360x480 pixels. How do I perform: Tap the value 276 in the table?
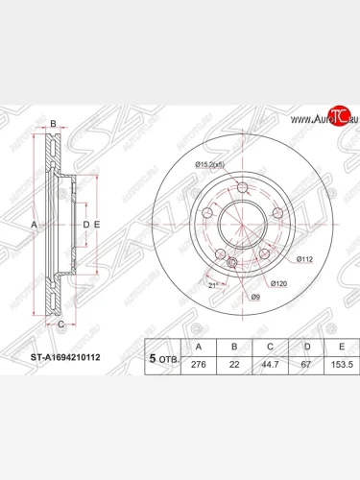(199, 365)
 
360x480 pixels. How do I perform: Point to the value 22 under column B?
(233, 365)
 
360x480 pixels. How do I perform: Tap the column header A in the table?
(199, 346)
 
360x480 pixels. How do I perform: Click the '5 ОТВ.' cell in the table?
(163, 356)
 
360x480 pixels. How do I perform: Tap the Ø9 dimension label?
(254, 297)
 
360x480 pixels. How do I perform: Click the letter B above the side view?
(54, 125)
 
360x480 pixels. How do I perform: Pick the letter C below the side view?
(60, 324)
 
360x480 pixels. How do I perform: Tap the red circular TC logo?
(337, 117)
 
